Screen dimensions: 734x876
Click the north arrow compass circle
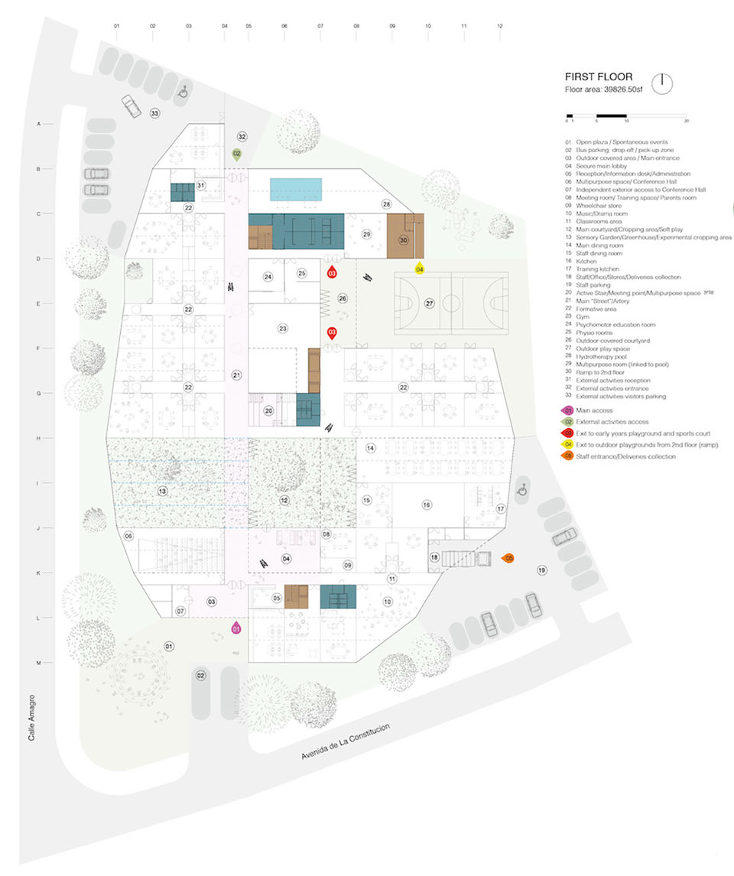663,83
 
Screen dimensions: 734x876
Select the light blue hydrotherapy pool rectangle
296,188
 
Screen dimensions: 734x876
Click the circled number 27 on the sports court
429,303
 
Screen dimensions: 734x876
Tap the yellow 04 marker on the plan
419,268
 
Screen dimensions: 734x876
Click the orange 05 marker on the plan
508,559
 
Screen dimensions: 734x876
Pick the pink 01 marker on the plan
236,628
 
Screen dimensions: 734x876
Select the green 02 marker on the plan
237,154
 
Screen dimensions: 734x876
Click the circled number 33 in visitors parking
154,113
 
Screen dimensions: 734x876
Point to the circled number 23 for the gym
282,329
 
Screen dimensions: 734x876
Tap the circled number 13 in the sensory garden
162,491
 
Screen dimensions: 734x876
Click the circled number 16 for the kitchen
426,505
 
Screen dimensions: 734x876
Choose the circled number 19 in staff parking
541,570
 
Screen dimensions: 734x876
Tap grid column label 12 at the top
499,26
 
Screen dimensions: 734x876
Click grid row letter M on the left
38,663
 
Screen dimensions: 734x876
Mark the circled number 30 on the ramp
404,239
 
